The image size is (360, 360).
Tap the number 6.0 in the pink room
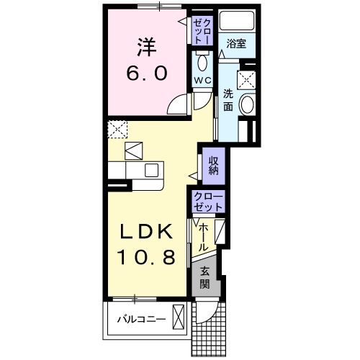(149, 73)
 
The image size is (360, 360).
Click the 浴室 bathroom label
(235, 44)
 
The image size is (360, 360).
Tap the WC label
(200, 80)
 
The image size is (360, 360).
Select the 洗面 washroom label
(228, 100)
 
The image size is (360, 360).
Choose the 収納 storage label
(214, 166)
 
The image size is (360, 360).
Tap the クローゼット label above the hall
(209, 202)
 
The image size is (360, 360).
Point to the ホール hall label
(204, 236)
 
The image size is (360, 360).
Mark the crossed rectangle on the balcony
(179, 318)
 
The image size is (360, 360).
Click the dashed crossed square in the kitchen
(117, 130)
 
